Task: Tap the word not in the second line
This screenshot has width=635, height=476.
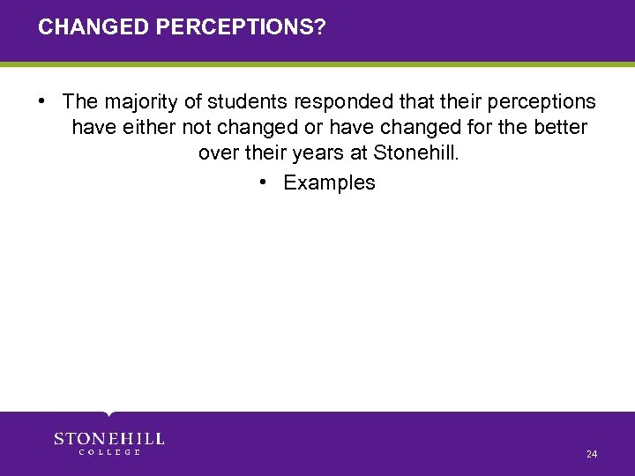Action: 197,128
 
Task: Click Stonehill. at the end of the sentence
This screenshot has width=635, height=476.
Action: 417,153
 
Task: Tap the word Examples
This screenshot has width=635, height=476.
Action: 329,182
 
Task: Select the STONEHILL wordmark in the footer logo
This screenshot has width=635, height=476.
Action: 109,438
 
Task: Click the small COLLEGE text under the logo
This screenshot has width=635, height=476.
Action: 109,452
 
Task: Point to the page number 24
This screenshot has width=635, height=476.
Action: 591,454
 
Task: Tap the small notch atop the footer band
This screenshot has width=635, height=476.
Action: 108,413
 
